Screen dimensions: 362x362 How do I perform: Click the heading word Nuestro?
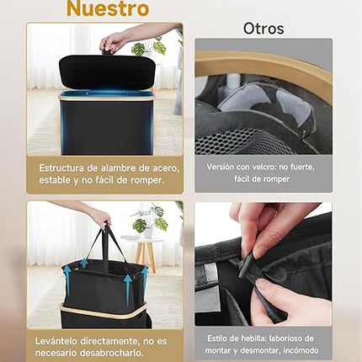tap(108, 8)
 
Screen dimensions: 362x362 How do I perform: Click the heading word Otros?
tap(264, 29)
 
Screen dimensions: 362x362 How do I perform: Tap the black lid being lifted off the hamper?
tap(107, 71)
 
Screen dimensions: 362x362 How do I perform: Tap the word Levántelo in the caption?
tap(56, 341)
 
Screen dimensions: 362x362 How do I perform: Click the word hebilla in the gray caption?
tap(253, 338)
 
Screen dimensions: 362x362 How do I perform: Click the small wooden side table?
tap(144, 249)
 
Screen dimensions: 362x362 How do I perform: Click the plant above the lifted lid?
tap(149, 47)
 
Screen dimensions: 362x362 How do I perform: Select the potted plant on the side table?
tap(150, 222)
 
